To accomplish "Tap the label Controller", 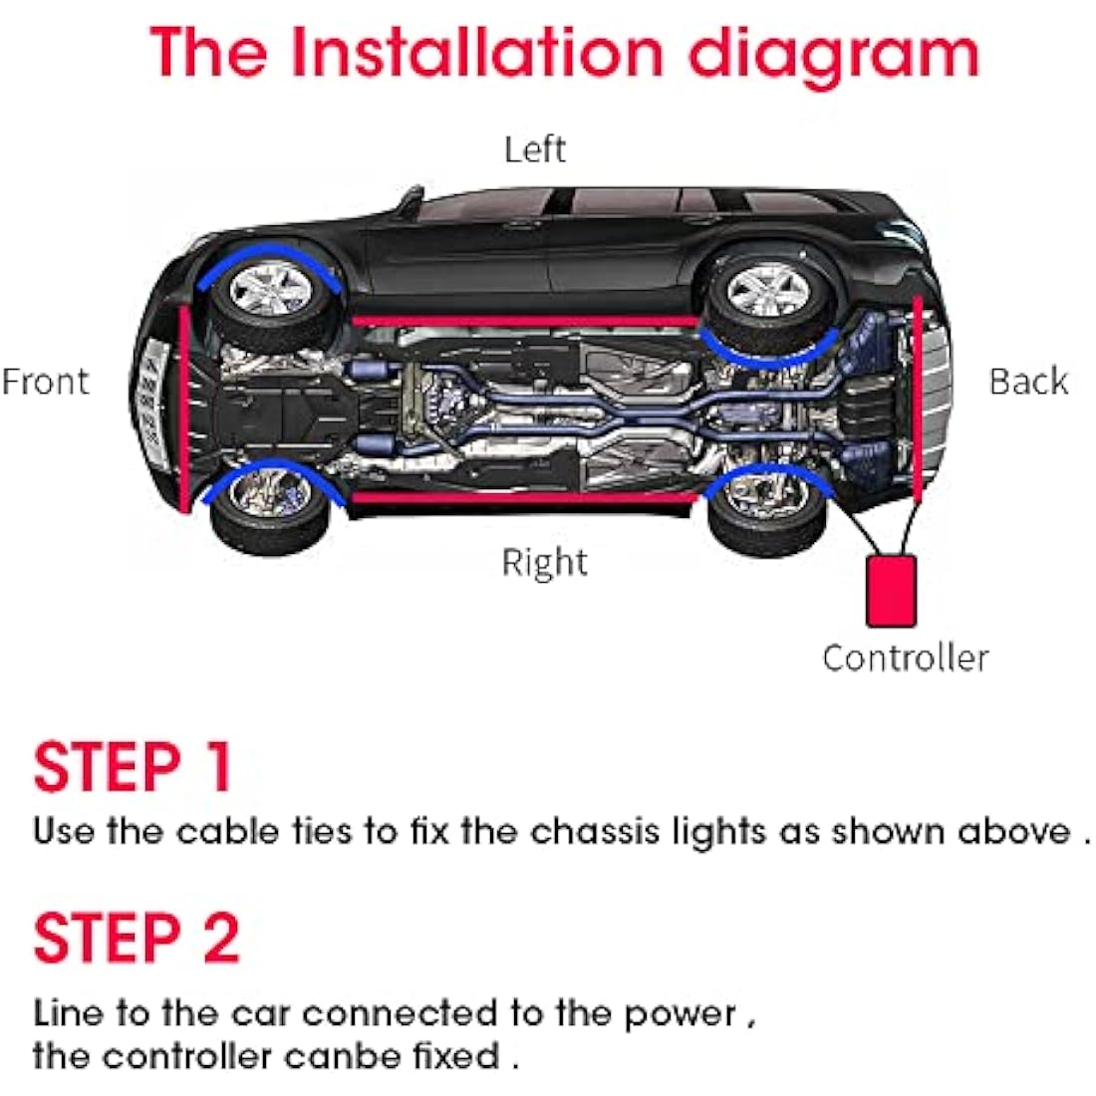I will [x=905, y=658].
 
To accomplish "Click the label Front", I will [x=46, y=382].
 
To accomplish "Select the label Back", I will [x=1027, y=382].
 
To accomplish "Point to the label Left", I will [x=534, y=149].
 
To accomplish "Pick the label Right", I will [x=544, y=563].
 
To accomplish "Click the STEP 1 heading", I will [x=134, y=767].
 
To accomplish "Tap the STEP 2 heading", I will [x=137, y=939].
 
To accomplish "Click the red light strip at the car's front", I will [x=184, y=409].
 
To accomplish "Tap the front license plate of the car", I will [x=149, y=394].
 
